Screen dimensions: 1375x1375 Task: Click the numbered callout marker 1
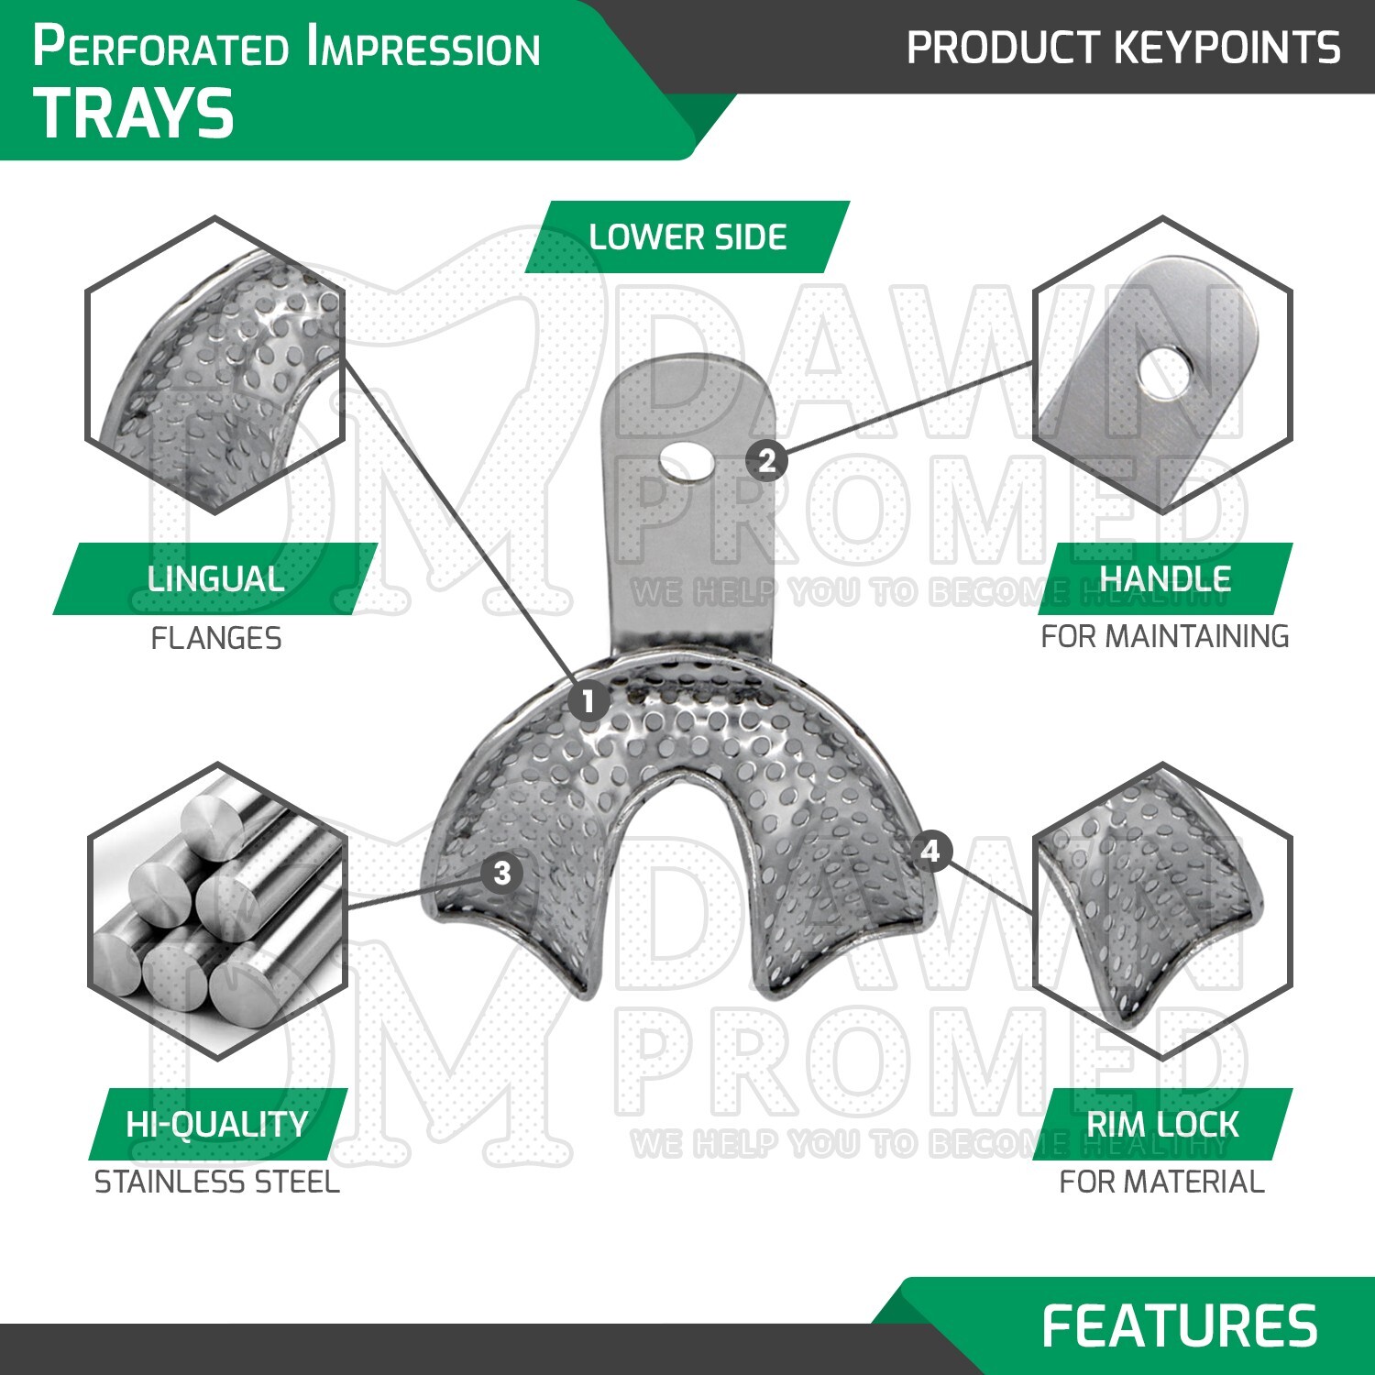pos(588,702)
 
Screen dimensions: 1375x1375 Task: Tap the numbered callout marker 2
pos(767,459)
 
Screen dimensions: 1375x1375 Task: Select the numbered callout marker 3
pos(501,873)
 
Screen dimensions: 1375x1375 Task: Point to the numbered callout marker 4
pos(930,852)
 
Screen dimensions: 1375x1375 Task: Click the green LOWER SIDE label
pos(687,237)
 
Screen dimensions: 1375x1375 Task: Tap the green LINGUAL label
pos(215,579)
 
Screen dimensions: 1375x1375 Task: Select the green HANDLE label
pos(1164,579)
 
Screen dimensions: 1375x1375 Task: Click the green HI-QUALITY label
pos(217,1125)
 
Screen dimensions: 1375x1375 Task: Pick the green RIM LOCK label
pos(1162,1125)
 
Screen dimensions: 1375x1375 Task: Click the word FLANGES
pos(216,638)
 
